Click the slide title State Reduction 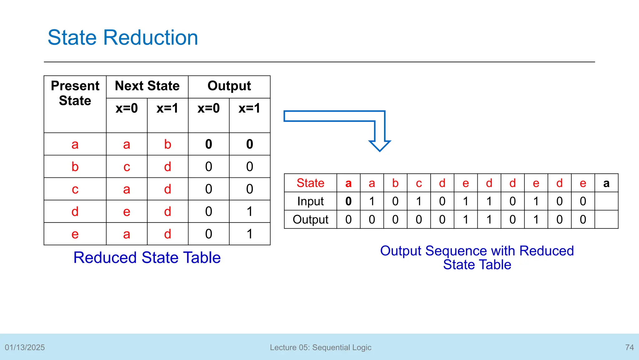pos(123,37)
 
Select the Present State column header pos(75,93)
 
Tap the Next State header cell pos(147,86)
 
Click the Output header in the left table pos(229,86)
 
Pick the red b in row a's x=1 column pos(168,144)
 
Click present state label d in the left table pos(75,212)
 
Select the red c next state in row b pos(126,167)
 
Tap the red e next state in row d pos(126,212)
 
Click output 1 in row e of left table pos(249,234)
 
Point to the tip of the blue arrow pos(379,150)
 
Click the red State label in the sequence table pos(310,183)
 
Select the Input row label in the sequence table pos(310,201)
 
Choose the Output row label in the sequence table pos(310,219)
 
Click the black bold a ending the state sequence pos(606,183)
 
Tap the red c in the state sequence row pos(419,183)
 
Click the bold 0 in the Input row pos(348,201)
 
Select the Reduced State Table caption pos(147,258)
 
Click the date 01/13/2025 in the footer pos(25,347)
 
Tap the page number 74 pos(629,347)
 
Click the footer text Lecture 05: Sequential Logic pos(320,347)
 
